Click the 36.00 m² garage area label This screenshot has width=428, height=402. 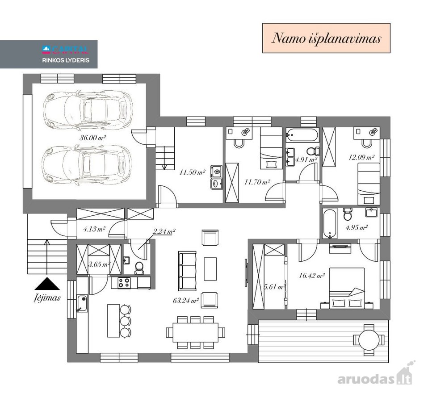92,138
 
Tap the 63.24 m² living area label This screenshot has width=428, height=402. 185,301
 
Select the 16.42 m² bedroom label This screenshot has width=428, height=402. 311,276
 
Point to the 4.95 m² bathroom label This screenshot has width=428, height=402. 357,227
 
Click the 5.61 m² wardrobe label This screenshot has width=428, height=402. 275,287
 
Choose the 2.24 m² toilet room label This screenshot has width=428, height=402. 164,231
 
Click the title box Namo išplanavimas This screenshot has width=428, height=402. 326,38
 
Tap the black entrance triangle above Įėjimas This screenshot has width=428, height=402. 47,284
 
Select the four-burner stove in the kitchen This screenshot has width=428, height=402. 124,283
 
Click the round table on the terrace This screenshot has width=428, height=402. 369,340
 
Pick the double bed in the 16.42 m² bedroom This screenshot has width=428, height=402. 347,288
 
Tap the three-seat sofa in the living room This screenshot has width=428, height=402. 187,271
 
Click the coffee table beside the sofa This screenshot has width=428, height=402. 210,269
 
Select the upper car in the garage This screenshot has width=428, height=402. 88,110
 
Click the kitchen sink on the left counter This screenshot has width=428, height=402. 82,303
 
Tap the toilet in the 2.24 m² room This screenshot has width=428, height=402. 139,268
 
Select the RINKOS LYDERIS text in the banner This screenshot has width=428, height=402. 66,60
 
